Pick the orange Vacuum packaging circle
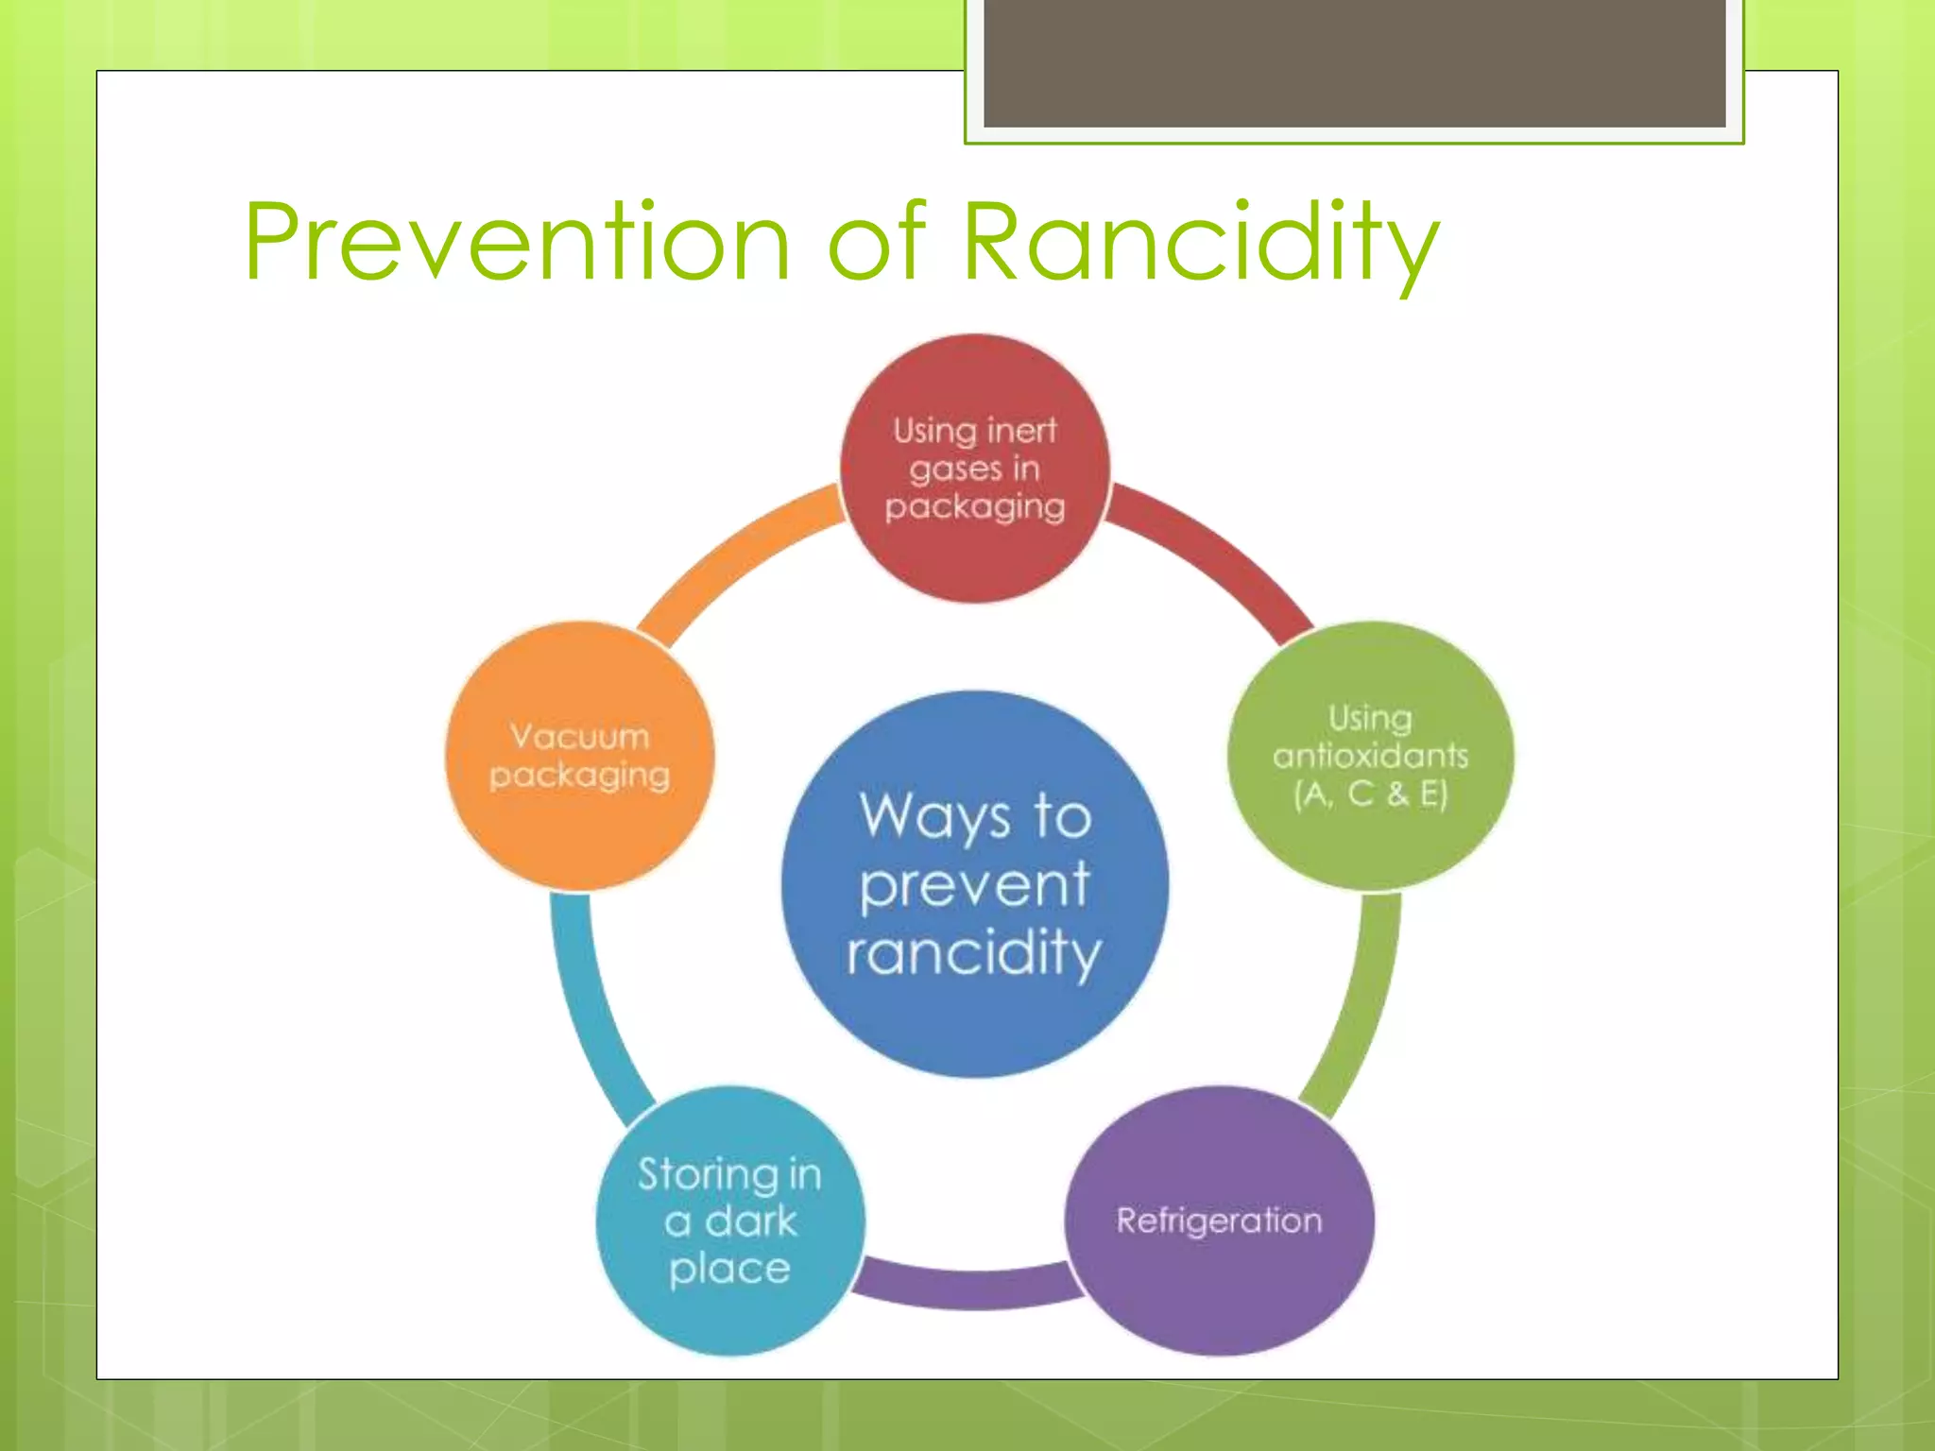tap(579, 831)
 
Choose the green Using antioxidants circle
tap(1370, 841)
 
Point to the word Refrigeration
tap(1219, 1221)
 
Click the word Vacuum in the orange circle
tap(579, 736)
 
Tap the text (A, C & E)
tap(1370, 794)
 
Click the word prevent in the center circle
tap(975, 885)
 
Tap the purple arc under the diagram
tap(973, 1289)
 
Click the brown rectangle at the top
tap(1354, 61)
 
